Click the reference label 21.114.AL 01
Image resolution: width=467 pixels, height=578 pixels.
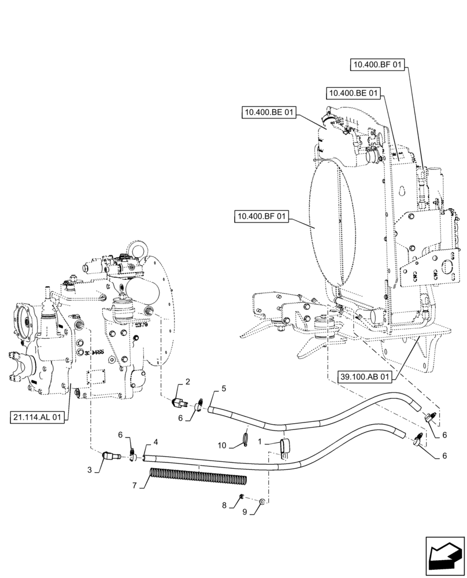click(39, 416)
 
